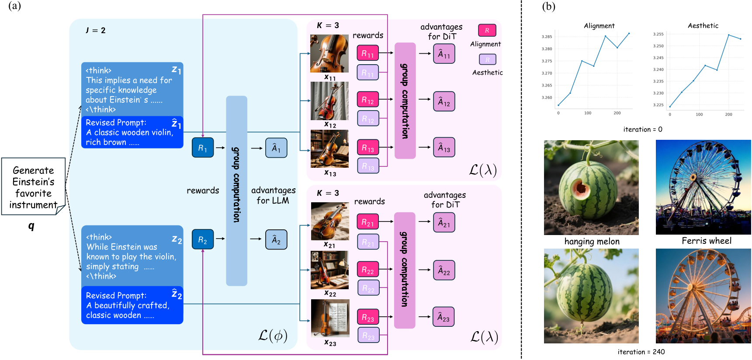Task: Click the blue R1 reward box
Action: pos(203,148)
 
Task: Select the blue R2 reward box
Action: pos(203,239)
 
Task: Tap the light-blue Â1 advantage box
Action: pos(276,148)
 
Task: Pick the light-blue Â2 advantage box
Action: pos(276,239)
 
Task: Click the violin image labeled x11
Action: pos(329,53)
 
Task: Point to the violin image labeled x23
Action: pos(330,318)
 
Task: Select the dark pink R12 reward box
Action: pos(367,100)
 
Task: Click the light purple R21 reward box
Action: pos(368,242)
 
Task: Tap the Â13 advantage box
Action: pos(444,148)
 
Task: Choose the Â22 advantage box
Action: pos(444,270)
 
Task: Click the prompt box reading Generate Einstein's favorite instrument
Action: pos(33,187)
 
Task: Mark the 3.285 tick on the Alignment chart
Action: pos(547,37)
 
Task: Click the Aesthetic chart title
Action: pos(703,26)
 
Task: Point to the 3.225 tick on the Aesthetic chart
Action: pos(658,105)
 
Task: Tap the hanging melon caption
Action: pos(592,242)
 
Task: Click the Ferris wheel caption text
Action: pos(706,241)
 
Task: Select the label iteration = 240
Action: pos(641,352)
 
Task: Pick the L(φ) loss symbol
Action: pos(272,336)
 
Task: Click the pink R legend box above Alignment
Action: pos(487,30)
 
